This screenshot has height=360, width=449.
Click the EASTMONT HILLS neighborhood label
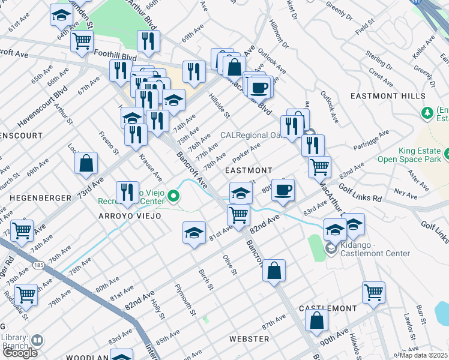[x=396, y=96]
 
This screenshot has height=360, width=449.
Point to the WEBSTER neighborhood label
[x=249, y=339]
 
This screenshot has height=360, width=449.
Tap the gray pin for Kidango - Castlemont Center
[x=331, y=248]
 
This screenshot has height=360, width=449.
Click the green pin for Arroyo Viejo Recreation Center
[x=173, y=196]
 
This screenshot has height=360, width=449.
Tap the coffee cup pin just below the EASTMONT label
[x=283, y=190]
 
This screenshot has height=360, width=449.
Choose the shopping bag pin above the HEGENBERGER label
[x=86, y=163]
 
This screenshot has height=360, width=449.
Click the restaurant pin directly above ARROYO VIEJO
[x=127, y=193]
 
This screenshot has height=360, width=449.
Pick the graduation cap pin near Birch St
[x=194, y=233]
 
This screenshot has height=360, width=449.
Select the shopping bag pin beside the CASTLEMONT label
[x=316, y=320]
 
